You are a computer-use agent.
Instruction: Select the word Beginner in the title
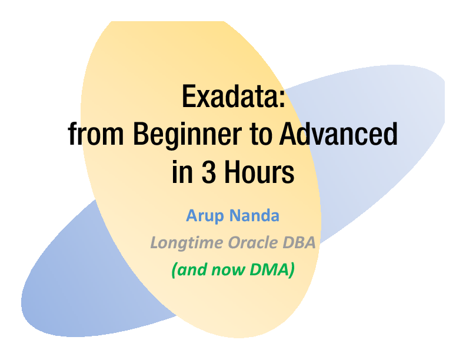tap(183, 136)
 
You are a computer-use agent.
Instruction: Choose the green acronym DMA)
tap(271, 270)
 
